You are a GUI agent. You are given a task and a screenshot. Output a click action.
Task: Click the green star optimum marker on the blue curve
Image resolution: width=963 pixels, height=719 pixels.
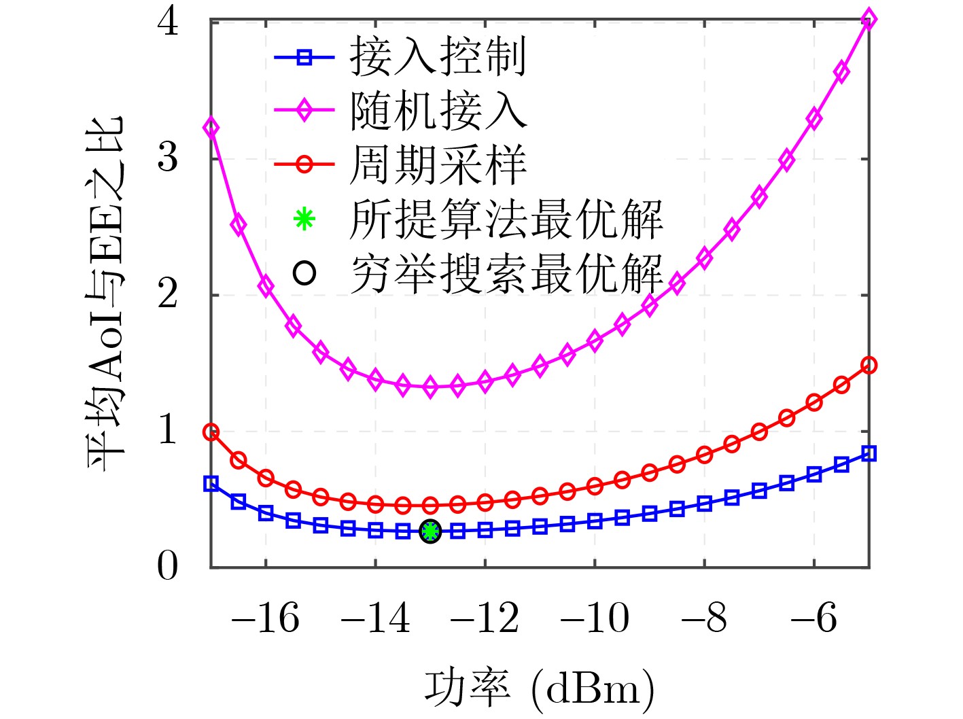click(x=430, y=531)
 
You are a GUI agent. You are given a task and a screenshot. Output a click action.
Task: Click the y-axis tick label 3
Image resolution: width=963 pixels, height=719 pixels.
click(x=168, y=158)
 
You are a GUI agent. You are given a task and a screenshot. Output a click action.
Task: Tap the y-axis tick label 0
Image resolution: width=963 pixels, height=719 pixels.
click(x=168, y=566)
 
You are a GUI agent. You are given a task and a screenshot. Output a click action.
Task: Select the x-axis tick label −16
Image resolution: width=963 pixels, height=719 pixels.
click(x=265, y=618)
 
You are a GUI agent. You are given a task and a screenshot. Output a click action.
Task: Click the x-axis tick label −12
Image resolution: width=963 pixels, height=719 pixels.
click(x=485, y=618)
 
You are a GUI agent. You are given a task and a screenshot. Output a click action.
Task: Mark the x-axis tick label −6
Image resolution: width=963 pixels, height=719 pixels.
click(x=813, y=618)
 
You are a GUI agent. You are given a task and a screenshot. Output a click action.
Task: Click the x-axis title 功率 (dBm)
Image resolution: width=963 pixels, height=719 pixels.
click(x=540, y=688)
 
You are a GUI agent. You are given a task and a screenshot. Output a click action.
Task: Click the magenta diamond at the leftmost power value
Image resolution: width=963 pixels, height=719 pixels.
click(x=211, y=128)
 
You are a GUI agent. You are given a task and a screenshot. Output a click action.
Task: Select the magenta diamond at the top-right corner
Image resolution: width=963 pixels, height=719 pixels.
click(x=869, y=19)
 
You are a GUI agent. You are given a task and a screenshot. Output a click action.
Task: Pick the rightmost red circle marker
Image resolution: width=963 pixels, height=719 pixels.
click(x=869, y=366)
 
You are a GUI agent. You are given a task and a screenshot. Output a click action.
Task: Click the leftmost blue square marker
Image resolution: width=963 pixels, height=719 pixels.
click(x=211, y=484)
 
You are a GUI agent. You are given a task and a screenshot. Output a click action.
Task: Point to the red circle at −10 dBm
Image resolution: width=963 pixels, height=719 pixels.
click(x=595, y=486)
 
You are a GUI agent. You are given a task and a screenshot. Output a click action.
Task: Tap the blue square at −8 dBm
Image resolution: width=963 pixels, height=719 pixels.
click(x=704, y=504)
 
